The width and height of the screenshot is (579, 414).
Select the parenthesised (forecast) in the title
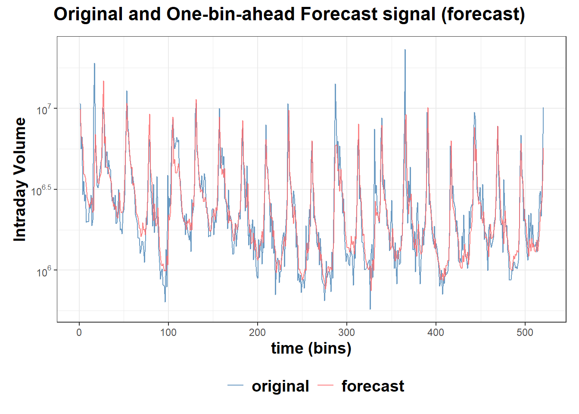click(x=483, y=14)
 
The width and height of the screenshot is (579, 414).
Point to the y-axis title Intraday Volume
click(x=20, y=179)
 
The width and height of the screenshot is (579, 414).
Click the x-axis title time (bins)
click(x=311, y=348)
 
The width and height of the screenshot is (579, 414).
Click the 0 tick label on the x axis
click(x=79, y=332)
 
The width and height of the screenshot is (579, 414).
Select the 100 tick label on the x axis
click(x=168, y=332)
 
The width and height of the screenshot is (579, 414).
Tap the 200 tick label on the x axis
click(x=258, y=332)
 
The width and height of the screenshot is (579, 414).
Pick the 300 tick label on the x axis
click(x=347, y=332)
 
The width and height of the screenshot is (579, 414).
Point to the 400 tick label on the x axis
click(x=436, y=332)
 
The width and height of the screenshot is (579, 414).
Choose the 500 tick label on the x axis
click(x=525, y=332)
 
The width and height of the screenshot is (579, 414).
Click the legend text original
click(x=280, y=386)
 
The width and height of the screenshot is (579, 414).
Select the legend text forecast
click(x=373, y=386)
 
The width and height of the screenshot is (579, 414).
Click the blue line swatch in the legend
click(x=236, y=386)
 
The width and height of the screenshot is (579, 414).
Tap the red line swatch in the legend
click(x=326, y=386)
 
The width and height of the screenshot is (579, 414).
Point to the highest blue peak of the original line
click(x=405, y=50)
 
